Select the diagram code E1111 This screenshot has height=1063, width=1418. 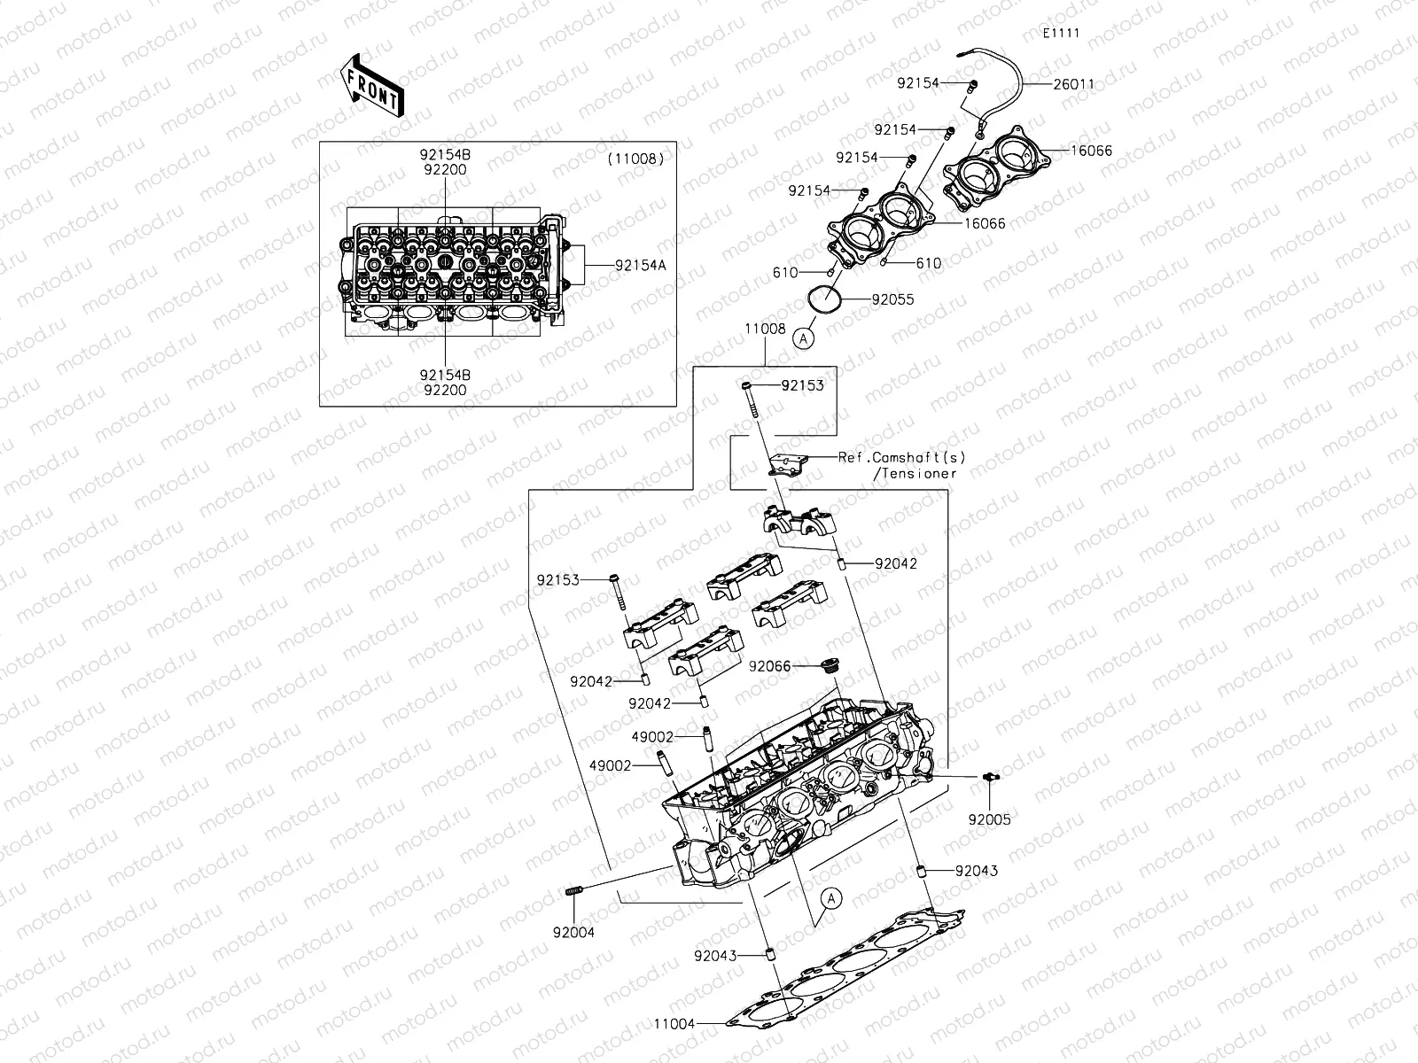click(x=1060, y=34)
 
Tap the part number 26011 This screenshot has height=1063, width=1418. click(x=1073, y=85)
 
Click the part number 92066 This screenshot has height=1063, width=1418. click(x=768, y=665)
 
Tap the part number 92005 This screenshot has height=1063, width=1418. click(x=989, y=819)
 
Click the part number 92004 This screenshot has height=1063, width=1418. click(x=573, y=931)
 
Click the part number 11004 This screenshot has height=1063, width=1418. click(x=674, y=1023)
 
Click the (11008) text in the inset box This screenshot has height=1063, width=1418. click(x=635, y=159)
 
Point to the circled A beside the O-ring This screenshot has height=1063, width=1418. click(x=803, y=338)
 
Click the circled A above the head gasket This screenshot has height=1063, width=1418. click(x=830, y=898)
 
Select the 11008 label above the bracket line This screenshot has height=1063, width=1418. click(x=764, y=329)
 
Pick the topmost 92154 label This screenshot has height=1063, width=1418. click(x=917, y=82)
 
